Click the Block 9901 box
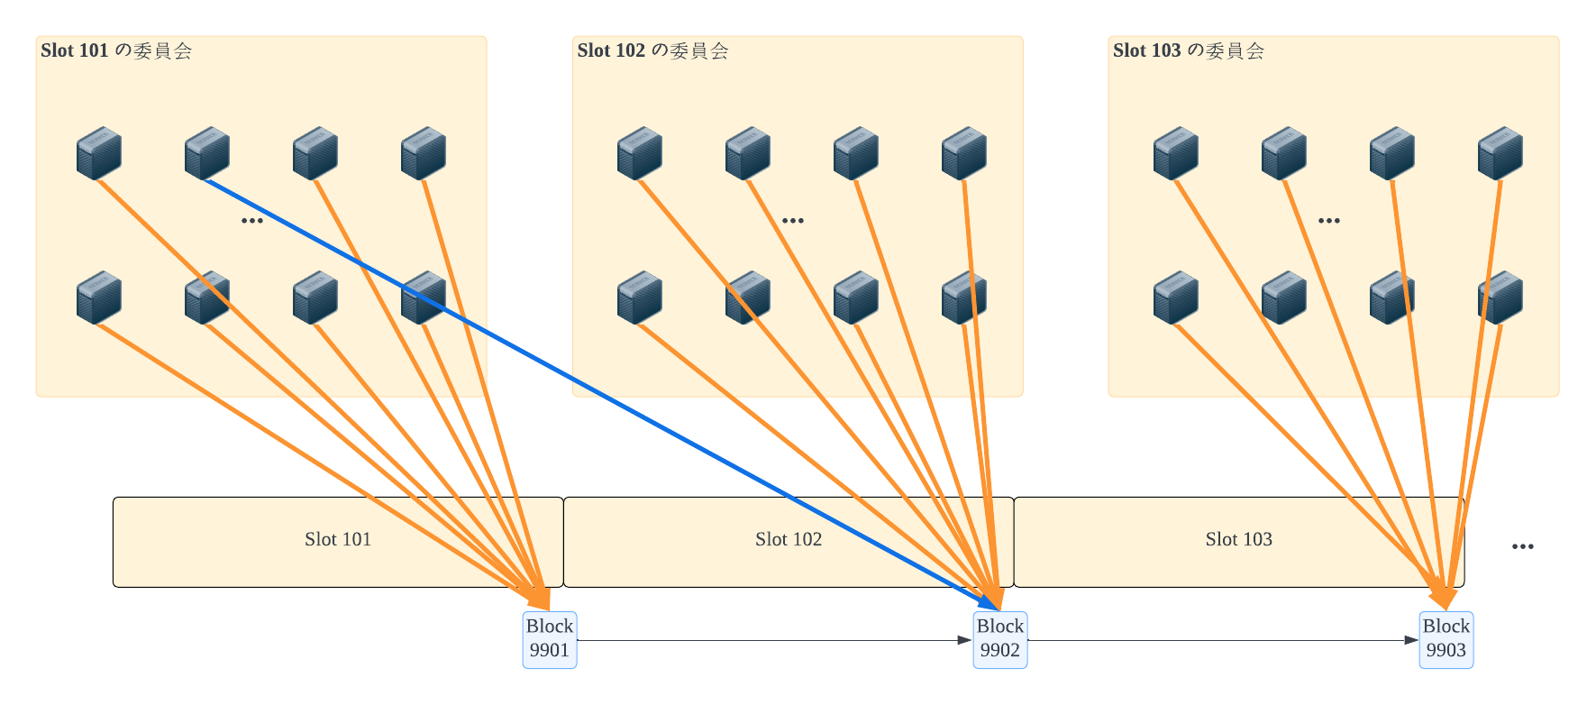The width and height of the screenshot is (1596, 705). pyautogui.click(x=549, y=639)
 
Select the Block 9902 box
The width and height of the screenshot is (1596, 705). pyautogui.click(x=999, y=639)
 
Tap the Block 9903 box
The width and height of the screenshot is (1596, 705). pyautogui.click(x=1446, y=639)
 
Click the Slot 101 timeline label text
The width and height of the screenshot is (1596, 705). pyautogui.click(x=338, y=539)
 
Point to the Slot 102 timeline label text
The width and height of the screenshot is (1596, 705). pyautogui.click(x=789, y=539)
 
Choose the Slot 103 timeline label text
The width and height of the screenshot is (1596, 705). pyautogui.click(x=1239, y=539)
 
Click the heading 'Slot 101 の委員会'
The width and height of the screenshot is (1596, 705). pyautogui.click(x=116, y=50)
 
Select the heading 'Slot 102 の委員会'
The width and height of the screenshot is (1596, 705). pyautogui.click(x=652, y=50)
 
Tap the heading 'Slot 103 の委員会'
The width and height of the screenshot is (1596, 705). pyautogui.click(x=1188, y=50)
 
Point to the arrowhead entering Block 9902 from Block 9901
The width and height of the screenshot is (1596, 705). pyautogui.click(x=965, y=640)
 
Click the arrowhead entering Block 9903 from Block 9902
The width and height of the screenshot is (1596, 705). pyautogui.click(x=1411, y=640)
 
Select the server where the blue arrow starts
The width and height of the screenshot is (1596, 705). pyautogui.click(x=206, y=152)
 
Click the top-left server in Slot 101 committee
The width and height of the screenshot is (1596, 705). pyautogui.click(x=98, y=152)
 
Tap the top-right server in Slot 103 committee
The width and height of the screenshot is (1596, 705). pyautogui.click(x=1500, y=152)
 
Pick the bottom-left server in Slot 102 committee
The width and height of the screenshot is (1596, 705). pyautogui.click(x=639, y=297)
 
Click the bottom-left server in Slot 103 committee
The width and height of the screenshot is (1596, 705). pyautogui.click(x=1175, y=297)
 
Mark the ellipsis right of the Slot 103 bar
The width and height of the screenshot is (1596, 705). pyautogui.click(x=1522, y=546)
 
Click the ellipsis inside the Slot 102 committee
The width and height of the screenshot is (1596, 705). pyautogui.click(x=792, y=221)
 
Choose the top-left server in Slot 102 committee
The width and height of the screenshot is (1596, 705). pyautogui.click(x=639, y=152)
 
